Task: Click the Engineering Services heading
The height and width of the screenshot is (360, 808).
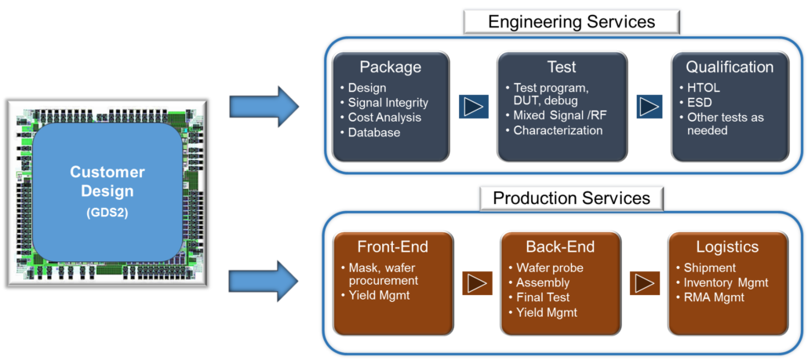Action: [571, 21]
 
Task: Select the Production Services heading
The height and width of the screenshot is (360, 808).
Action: [571, 198]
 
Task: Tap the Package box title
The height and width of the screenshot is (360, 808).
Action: [390, 67]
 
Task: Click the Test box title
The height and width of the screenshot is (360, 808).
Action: [561, 67]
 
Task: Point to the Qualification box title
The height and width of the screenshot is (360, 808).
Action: [730, 67]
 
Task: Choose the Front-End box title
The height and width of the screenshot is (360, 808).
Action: [392, 246]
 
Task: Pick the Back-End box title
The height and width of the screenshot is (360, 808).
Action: [560, 247]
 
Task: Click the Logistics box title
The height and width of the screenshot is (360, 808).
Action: [726, 247]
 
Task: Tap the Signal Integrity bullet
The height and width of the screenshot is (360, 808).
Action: [388, 103]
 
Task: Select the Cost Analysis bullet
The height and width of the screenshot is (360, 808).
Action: [384, 118]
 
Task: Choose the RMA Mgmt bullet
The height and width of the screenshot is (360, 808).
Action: [714, 297]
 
